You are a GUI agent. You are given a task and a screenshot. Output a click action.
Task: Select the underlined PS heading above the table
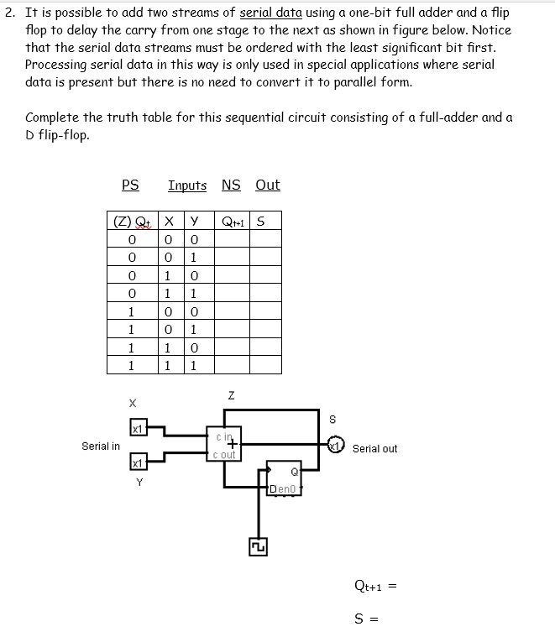pyautogui.click(x=130, y=185)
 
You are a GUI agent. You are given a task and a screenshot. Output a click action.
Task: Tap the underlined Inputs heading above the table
pyautogui.click(x=187, y=185)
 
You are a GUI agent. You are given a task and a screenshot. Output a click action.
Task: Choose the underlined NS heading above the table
pyautogui.click(x=231, y=185)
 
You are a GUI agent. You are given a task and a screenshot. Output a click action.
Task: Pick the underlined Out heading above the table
pyautogui.click(x=268, y=185)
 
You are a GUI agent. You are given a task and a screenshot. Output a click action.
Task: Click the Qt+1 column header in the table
pyautogui.click(x=232, y=222)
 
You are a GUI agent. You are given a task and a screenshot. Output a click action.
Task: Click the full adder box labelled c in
pyautogui.click(x=224, y=442)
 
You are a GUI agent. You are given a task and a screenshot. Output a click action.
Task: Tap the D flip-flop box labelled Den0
pyautogui.click(x=284, y=478)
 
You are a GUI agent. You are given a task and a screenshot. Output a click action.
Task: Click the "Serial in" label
pyautogui.click(x=101, y=446)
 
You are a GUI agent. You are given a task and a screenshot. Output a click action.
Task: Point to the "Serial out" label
pyautogui.click(x=374, y=449)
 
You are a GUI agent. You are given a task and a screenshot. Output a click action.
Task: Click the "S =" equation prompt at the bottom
pyautogui.click(x=367, y=620)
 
